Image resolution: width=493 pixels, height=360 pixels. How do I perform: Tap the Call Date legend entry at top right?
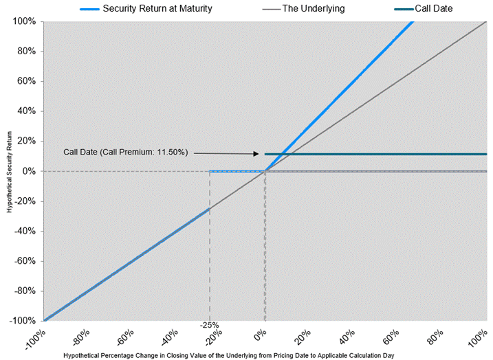click(434, 8)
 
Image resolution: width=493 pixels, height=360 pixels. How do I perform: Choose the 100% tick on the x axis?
click(479, 337)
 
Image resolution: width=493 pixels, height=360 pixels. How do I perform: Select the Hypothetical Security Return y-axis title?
click(9, 171)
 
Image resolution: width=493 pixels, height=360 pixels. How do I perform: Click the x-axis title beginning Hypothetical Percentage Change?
click(238, 355)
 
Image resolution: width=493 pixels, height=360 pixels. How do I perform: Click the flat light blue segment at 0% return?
click(237, 172)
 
